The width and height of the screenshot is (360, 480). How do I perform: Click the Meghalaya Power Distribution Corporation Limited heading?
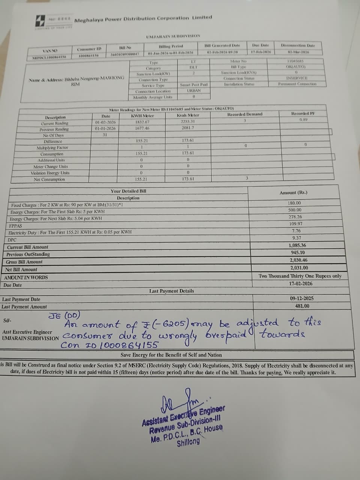click(x=143, y=19)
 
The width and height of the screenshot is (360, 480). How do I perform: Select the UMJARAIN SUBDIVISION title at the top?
click(x=173, y=36)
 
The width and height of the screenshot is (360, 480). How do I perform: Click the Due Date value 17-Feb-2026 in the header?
click(x=261, y=52)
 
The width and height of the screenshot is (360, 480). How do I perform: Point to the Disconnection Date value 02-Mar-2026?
click(x=298, y=52)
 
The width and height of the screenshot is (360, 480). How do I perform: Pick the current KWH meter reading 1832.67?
click(x=142, y=122)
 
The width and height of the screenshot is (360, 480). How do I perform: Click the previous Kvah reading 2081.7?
click(x=188, y=127)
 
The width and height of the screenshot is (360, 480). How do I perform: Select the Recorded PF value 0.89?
click(x=303, y=120)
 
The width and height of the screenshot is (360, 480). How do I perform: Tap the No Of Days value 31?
click(x=105, y=135)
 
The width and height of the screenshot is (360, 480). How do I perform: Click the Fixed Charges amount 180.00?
click(x=294, y=203)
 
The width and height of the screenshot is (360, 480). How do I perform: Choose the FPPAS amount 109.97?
click(x=295, y=224)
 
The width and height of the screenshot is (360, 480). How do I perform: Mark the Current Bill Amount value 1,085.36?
click(x=297, y=245)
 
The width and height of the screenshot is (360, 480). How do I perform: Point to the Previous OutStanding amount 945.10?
click(x=298, y=253)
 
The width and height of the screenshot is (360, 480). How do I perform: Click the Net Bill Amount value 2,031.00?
click(x=299, y=268)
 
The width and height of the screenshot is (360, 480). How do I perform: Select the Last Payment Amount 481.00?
click(x=302, y=306)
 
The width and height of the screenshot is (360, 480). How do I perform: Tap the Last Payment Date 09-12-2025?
click(x=301, y=298)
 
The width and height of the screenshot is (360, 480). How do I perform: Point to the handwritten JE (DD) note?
click(x=64, y=315)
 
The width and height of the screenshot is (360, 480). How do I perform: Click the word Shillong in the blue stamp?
click(x=188, y=442)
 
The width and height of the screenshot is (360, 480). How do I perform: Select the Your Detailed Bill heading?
click(x=128, y=191)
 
